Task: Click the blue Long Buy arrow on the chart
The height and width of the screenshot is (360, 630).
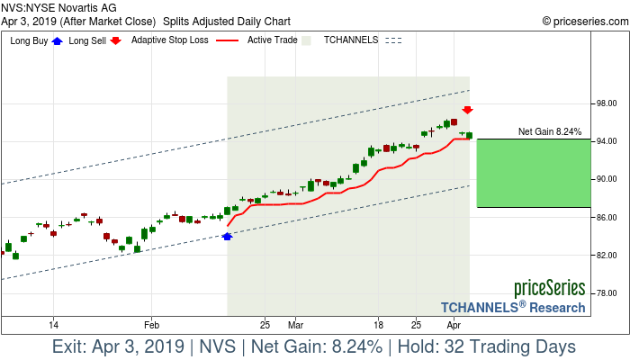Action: (227, 236)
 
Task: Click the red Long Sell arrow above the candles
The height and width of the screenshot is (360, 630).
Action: (468, 110)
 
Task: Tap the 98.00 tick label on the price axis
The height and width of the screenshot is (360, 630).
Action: (607, 104)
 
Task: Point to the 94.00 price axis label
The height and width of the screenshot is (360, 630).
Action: (607, 142)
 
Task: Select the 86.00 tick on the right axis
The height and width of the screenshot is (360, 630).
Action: (607, 218)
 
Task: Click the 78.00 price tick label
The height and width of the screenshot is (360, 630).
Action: (607, 293)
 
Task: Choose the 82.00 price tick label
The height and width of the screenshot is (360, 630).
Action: (607, 256)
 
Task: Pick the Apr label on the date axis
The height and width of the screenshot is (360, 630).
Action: (454, 324)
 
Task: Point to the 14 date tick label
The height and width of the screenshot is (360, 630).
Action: (54, 324)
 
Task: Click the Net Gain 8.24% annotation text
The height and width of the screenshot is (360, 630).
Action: (549, 132)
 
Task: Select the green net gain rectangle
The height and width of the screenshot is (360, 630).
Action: (533, 173)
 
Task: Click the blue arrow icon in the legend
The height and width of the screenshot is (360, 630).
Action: (58, 40)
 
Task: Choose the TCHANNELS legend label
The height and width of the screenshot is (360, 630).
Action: (351, 40)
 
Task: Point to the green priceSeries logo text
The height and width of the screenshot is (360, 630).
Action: (549, 289)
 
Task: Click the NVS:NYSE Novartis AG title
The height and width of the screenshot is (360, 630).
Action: (59, 7)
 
